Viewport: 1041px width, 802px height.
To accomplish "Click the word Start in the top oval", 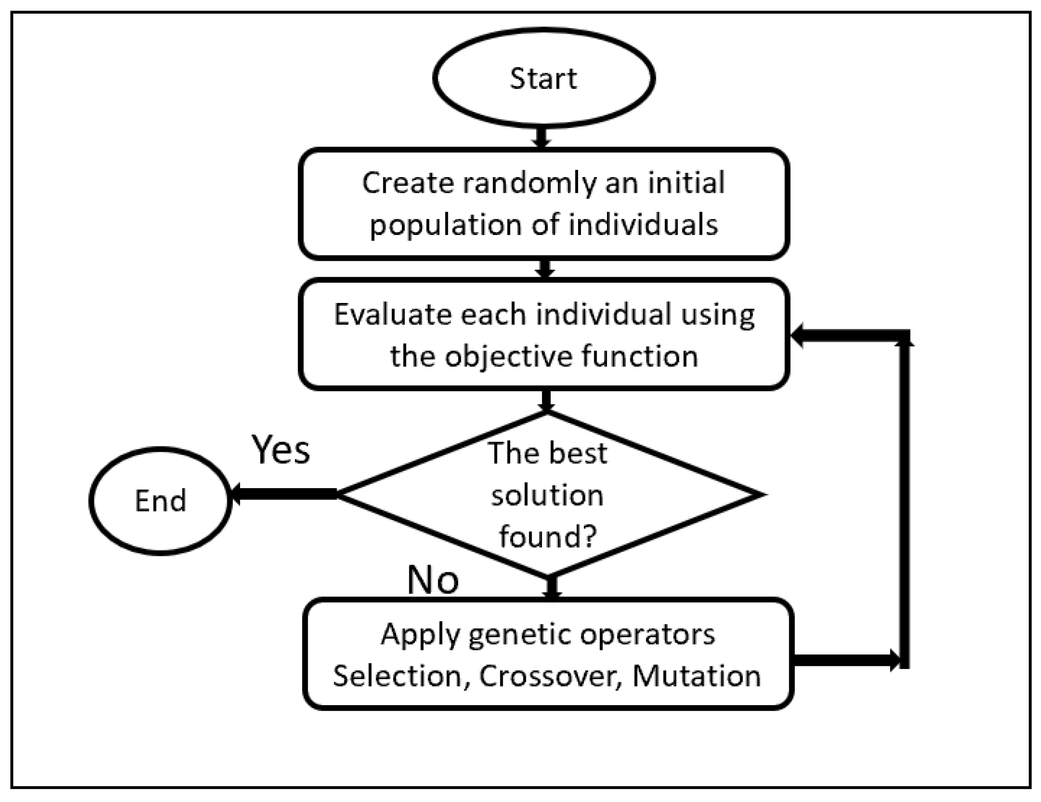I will (x=544, y=79).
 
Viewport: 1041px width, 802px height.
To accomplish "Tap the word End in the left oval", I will (x=160, y=501).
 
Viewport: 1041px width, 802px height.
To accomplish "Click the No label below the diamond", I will (x=433, y=580).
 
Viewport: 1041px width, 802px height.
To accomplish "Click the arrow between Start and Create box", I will (x=541, y=137).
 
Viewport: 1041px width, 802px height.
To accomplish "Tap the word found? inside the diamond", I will (x=548, y=537).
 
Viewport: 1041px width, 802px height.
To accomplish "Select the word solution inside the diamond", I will (x=547, y=496).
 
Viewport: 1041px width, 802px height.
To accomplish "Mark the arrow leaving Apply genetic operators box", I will (x=846, y=660).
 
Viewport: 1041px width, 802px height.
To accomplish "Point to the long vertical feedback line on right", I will (x=905, y=501).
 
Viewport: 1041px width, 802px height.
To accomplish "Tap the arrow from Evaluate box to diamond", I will (x=546, y=401).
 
